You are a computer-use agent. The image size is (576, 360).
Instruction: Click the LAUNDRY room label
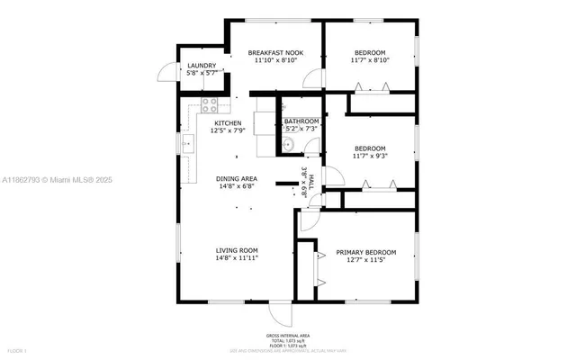[x=202, y=66]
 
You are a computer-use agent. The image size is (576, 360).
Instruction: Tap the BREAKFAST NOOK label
[x=275, y=53]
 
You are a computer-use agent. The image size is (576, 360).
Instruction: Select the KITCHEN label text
[x=228, y=122]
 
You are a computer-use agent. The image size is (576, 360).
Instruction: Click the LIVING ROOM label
[x=237, y=250]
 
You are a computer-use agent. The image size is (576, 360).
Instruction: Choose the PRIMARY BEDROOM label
[x=365, y=252]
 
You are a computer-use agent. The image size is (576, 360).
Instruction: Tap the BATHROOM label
[x=301, y=121]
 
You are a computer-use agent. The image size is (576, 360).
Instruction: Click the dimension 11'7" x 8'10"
[x=369, y=60]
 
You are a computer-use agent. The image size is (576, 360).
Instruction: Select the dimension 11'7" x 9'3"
[x=369, y=156]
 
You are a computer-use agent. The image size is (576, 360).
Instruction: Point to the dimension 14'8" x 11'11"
[x=237, y=258]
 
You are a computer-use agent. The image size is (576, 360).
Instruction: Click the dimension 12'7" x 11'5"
[x=365, y=260]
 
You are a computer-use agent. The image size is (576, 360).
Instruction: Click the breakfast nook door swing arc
[x=310, y=78]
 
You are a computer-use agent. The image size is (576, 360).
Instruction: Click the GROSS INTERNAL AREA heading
[x=288, y=335]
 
